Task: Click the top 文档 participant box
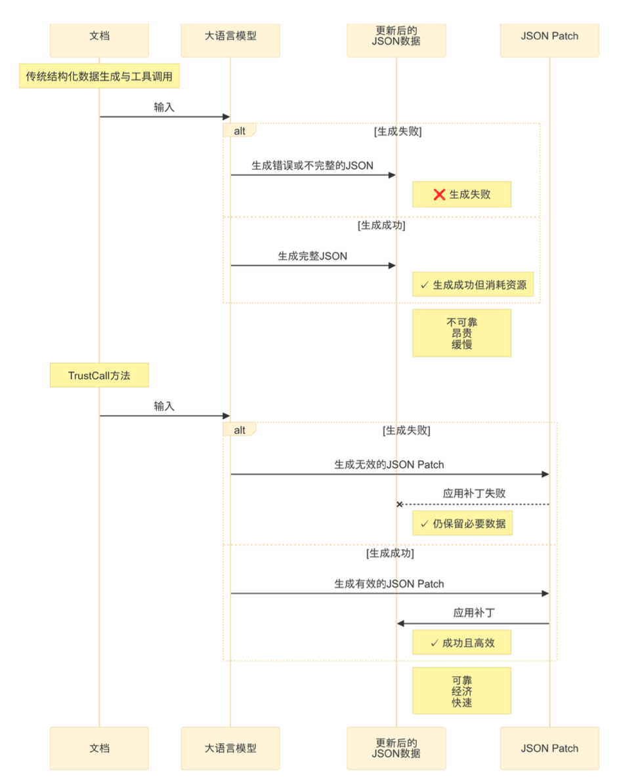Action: pos(99,37)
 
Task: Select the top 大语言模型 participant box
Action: pos(230,37)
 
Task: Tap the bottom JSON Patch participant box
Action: pos(549,748)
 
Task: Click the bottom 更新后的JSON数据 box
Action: pos(396,748)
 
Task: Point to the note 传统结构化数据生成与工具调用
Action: pos(99,77)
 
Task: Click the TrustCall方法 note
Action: pos(99,376)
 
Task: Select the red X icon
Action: pos(440,195)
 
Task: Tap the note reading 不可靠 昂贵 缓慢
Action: pos(461,333)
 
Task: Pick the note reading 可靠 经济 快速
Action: pos(461,691)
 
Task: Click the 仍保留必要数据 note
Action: pos(461,524)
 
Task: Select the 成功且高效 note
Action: pos(461,643)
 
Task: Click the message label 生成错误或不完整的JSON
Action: pos(312,166)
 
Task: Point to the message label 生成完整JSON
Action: pos(312,256)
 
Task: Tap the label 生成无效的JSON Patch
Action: pos(389,465)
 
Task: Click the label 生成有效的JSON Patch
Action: pos(389,584)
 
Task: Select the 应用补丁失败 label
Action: pos(474,494)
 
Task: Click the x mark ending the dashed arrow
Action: pos(399,504)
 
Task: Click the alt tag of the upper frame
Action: pos(240,130)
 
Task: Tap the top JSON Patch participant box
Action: pos(549,37)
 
